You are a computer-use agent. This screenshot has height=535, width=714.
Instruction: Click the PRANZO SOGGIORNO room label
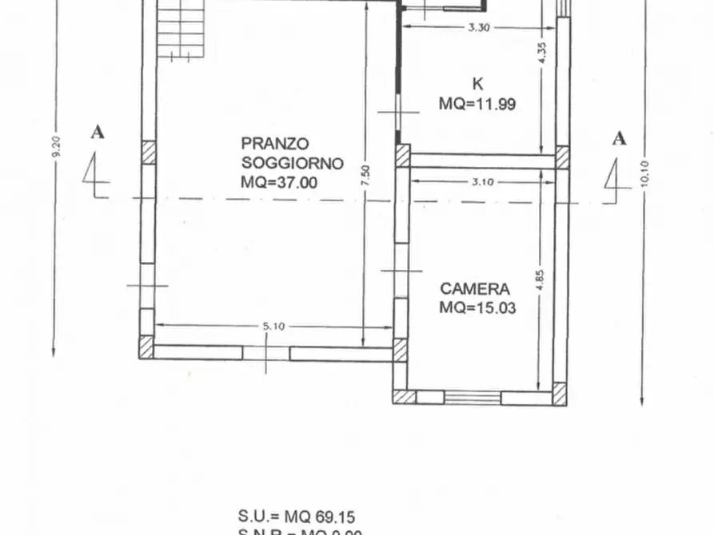tap(292, 153)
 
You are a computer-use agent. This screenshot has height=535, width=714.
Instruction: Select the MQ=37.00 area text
tap(279, 183)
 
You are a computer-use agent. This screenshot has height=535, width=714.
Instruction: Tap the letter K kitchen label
tap(477, 84)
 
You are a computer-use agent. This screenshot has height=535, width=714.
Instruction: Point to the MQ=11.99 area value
tap(477, 104)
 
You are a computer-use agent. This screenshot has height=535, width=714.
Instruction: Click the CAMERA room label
tap(474, 289)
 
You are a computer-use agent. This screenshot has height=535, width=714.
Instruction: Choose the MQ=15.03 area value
tap(477, 309)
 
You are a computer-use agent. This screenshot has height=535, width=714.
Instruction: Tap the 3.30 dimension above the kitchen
tap(478, 27)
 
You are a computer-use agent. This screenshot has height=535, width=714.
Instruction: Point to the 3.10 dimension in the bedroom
tap(482, 181)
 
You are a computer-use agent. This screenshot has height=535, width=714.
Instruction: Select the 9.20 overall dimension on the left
tap(55, 149)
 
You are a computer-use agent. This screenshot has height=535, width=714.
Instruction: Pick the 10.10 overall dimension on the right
tap(644, 171)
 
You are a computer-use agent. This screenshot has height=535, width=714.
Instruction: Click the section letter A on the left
tap(98, 133)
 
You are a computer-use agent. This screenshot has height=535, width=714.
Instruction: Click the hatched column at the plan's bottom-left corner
tap(146, 347)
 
